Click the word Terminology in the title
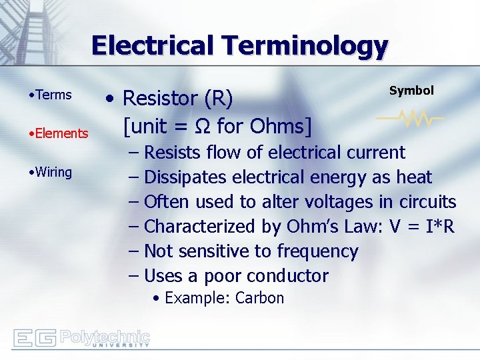[306, 46]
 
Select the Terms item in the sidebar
[54, 95]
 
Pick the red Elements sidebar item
[61, 133]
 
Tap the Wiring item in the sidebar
[54, 172]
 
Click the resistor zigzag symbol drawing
[411, 119]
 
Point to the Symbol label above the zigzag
[411, 91]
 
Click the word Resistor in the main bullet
[160, 99]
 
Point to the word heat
[414, 177]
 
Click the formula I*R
[437, 227]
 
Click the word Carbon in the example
[260, 298]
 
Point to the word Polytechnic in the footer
[105, 335]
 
